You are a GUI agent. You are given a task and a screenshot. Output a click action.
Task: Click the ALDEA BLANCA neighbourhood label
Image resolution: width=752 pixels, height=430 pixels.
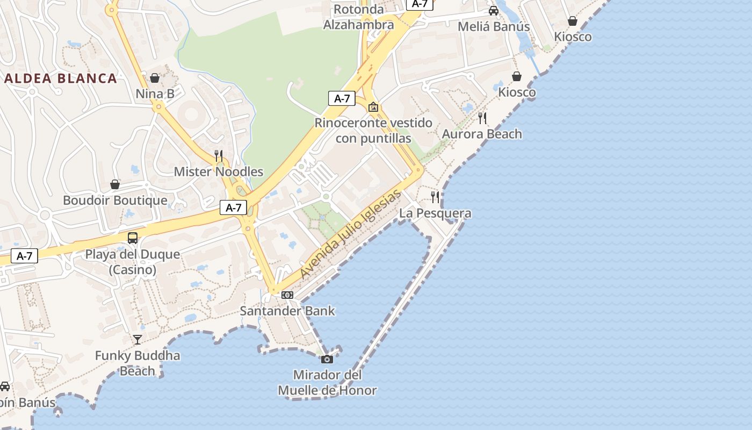point(61,78)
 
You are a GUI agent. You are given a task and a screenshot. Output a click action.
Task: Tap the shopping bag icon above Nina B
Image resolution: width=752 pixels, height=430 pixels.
point(155,78)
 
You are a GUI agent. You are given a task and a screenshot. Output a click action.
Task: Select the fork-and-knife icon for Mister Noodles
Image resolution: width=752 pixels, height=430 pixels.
point(219,156)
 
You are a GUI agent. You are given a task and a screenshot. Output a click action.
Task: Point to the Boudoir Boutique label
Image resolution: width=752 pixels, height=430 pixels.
point(115,200)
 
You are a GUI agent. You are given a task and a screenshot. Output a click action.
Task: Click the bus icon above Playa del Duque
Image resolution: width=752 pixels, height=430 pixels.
point(133,238)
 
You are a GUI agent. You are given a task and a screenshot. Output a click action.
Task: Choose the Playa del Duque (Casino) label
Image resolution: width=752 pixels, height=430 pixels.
point(133,262)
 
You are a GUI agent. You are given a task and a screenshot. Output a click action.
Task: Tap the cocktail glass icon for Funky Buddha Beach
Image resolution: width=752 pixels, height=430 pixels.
point(138,339)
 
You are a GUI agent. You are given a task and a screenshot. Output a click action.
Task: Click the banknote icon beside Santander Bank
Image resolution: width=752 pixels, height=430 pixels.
point(287,295)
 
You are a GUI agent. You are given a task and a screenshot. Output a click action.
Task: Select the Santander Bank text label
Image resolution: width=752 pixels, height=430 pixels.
point(287,311)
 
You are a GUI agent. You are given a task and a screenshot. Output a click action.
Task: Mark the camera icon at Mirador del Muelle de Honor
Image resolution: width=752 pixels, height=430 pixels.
point(327,359)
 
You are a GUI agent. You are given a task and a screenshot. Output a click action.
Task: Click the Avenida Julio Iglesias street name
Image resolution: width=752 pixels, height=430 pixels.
point(350,234)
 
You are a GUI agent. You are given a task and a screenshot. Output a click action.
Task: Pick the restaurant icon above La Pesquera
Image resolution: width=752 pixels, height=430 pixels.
point(435,197)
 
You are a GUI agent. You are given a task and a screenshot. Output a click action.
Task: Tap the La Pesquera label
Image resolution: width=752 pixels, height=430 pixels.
point(435,213)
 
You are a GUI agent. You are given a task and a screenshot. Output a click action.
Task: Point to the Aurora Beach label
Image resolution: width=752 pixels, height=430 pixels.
point(482,134)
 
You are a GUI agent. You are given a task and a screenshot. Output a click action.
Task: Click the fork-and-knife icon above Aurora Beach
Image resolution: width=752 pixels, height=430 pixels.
point(482,118)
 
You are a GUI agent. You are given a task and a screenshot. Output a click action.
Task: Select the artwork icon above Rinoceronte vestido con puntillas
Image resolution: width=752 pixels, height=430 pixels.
point(373,107)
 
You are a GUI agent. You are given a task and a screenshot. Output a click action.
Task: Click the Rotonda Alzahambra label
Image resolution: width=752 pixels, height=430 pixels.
point(359,17)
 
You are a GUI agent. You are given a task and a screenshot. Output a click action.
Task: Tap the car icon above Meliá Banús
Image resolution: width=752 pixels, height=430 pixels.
point(494,11)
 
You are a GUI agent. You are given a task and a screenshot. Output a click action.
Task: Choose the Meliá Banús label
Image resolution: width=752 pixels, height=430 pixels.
point(494,26)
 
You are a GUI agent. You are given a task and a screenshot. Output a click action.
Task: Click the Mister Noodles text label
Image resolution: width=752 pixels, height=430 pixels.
point(219,172)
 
